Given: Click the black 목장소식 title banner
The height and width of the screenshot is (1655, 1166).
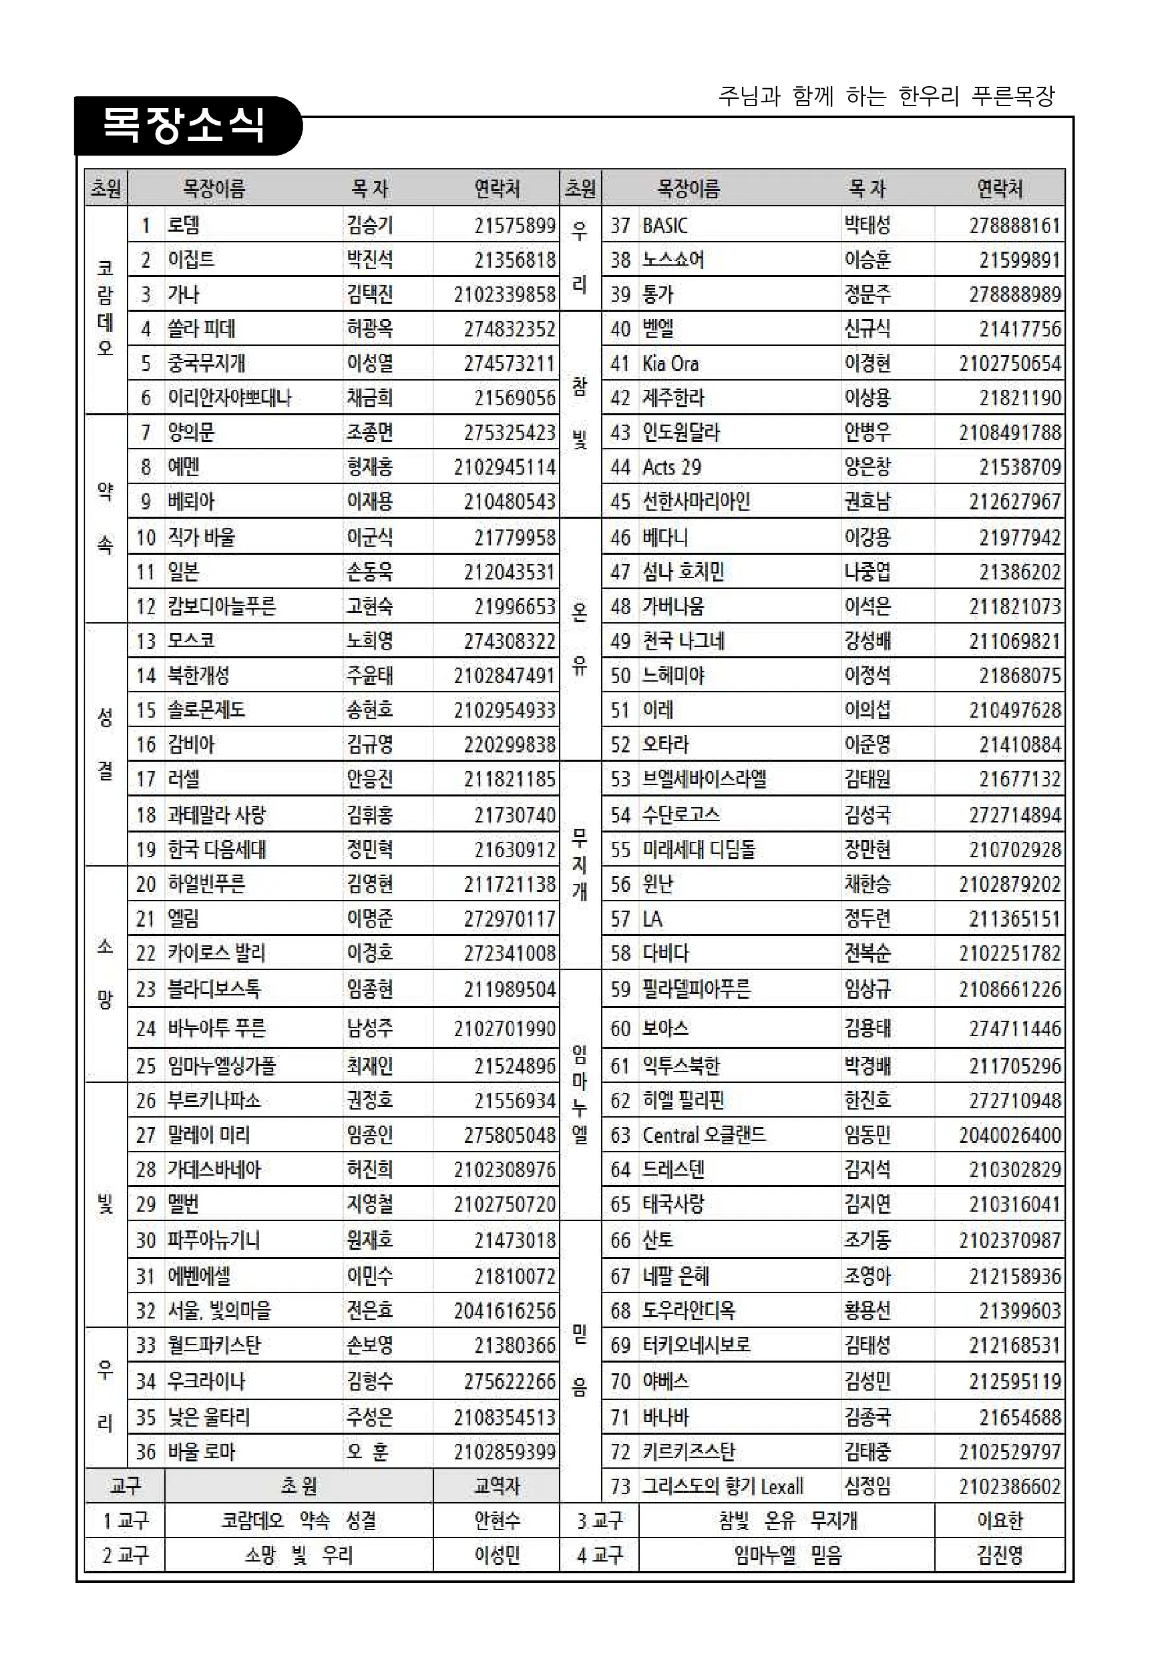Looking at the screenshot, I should (x=186, y=126).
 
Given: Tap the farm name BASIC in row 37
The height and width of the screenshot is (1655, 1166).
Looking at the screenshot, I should (x=665, y=226).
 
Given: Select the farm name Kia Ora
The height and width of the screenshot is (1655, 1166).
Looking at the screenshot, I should (x=670, y=363).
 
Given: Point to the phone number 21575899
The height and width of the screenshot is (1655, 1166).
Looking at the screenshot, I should (x=515, y=226).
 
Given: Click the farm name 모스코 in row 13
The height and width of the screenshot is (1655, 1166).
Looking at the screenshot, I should (x=191, y=641).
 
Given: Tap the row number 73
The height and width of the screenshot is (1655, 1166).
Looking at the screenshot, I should (x=620, y=1485).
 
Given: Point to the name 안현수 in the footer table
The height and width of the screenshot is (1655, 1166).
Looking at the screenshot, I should (x=497, y=1520).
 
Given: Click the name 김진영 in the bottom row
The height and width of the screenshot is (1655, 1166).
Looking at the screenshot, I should (x=1000, y=1555).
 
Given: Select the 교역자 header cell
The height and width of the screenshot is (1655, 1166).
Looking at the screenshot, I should (x=497, y=1485).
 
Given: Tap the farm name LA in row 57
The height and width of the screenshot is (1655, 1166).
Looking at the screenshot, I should (x=652, y=919).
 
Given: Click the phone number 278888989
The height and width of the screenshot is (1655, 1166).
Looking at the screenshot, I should (x=1014, y=294).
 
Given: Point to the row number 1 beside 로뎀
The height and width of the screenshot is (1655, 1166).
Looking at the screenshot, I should (x=146, y=226).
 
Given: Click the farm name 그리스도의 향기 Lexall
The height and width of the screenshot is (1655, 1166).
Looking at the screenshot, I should (x=723, y=1485).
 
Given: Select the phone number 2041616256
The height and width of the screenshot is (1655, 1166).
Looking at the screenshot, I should (x=505, y=1311).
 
